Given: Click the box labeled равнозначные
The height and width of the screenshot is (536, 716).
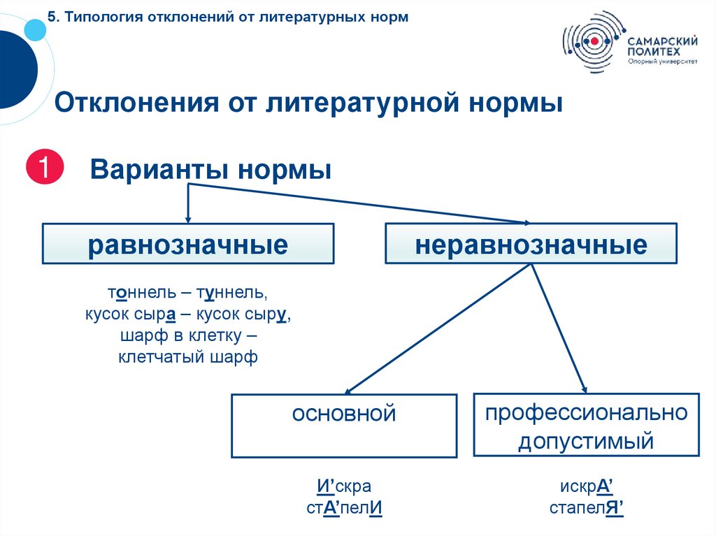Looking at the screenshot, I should point(187,244).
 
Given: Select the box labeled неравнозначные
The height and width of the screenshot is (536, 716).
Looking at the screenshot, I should point(531,244).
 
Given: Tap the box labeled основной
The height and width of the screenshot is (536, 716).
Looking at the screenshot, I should point(343,426).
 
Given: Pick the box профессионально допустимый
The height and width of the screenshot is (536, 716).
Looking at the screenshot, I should point(586,426).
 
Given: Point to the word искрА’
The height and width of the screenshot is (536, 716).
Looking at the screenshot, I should point(586,486).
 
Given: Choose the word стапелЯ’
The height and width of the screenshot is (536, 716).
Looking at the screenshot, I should point(586,508).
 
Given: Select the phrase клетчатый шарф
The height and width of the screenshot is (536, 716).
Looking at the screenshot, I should point(188,358).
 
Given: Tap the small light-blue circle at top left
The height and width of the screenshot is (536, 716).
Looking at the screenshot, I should point(34,28).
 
